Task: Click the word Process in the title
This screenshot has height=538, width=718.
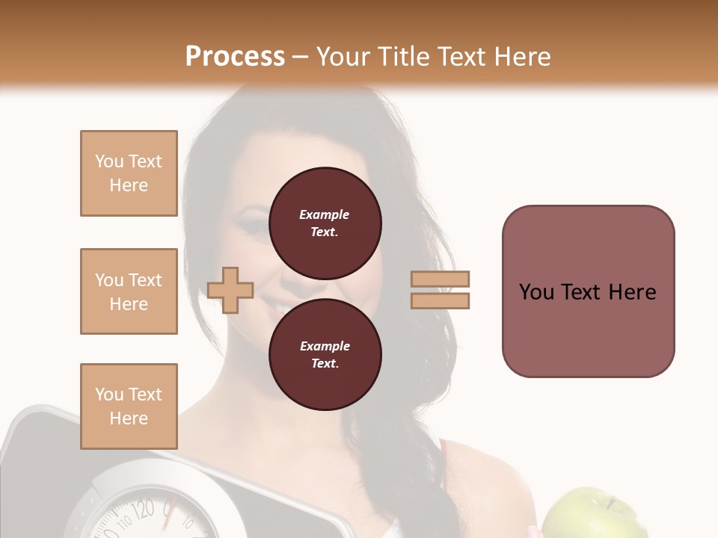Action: click(x=235, y=56)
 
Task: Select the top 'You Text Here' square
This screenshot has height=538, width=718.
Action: click(x=129, y=173)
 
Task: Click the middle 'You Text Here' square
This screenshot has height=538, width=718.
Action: click(x=129, y=291)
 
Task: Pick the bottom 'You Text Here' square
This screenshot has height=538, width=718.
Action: click(x=129, y=406)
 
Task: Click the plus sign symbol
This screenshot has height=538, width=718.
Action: click(x=230, y=289)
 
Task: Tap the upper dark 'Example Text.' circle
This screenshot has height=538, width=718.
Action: click(x=325, y=223)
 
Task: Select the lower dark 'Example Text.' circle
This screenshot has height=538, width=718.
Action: click(x=325, y=355)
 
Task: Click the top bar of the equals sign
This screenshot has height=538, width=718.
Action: click(x=440, y=279)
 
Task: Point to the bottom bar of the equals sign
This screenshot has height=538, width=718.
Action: click(x=440, y=300)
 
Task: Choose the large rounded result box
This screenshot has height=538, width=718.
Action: click(x=588, y=291)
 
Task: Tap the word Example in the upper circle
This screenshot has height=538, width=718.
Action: click(x=325, y=214)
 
